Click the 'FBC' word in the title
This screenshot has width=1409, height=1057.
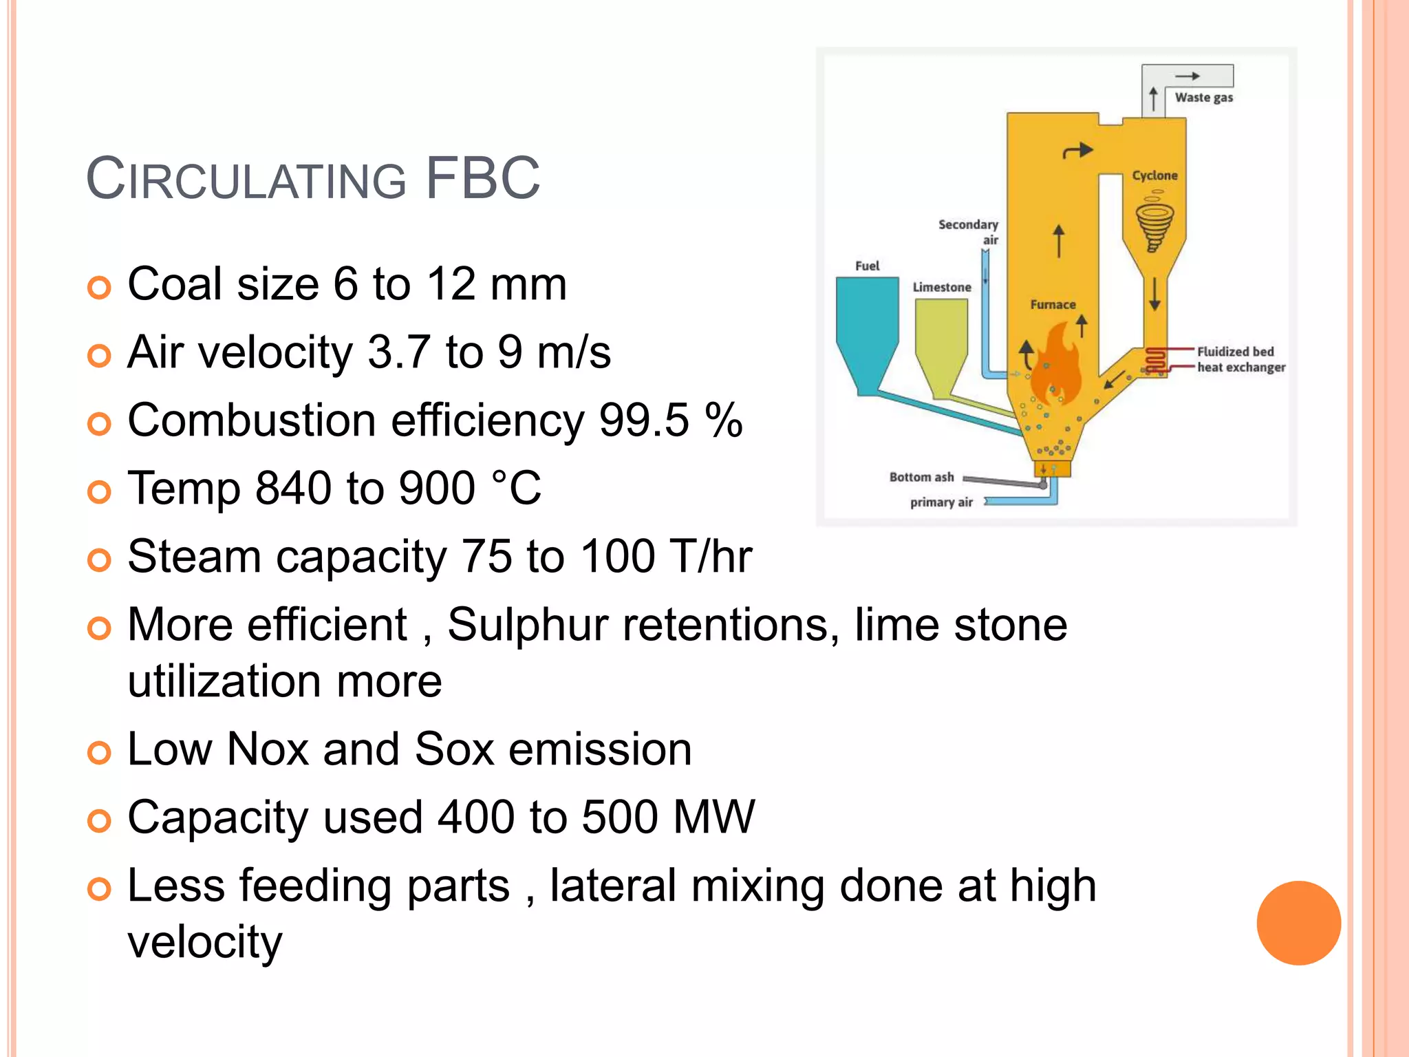(x=483, y=178)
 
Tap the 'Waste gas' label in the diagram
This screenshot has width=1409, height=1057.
(x=1203, y=98)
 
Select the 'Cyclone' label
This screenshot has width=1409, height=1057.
(x=1154, y=175)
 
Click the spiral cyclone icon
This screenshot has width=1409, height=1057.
(x=1154, y=224)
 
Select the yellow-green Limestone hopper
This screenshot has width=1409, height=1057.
(x=941, y=344)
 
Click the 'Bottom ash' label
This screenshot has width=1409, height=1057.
(x=921, y=477)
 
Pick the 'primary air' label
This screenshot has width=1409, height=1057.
(x=941, y=502)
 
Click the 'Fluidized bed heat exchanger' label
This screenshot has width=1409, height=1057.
(x=1240, y=359)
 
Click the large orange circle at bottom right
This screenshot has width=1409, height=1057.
(x=1298, y=923)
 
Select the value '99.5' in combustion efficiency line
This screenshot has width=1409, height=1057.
(x=644, y=420)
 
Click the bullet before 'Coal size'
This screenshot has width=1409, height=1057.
(x=99, y=287)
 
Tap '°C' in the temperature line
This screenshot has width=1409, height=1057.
(x=517, y=488)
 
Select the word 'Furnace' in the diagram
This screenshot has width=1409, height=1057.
(x=1053, y=304)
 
